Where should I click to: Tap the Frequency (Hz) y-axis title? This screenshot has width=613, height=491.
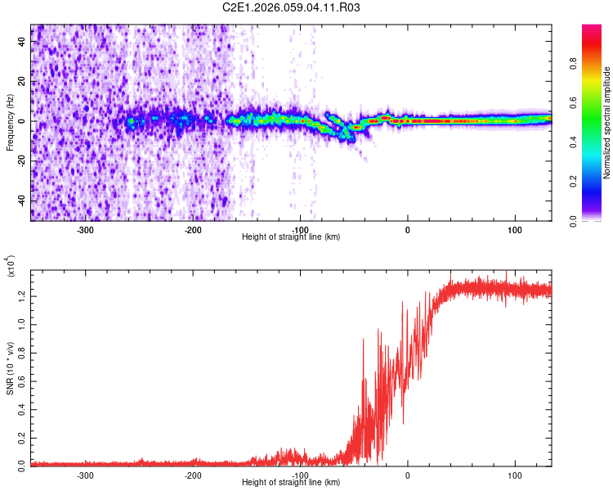(x=10, y=123)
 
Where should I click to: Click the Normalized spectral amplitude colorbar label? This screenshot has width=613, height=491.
(x=607, y=123)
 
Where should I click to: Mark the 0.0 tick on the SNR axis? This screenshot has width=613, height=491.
(x=23, y=464)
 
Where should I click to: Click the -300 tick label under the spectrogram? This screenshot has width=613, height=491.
(x=86, y=230)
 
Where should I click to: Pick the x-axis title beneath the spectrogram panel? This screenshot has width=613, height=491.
(x=292, y=236)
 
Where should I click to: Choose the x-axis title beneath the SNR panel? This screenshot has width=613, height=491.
(x=292, y=482)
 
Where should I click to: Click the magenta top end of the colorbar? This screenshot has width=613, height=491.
(x=592, y=28)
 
